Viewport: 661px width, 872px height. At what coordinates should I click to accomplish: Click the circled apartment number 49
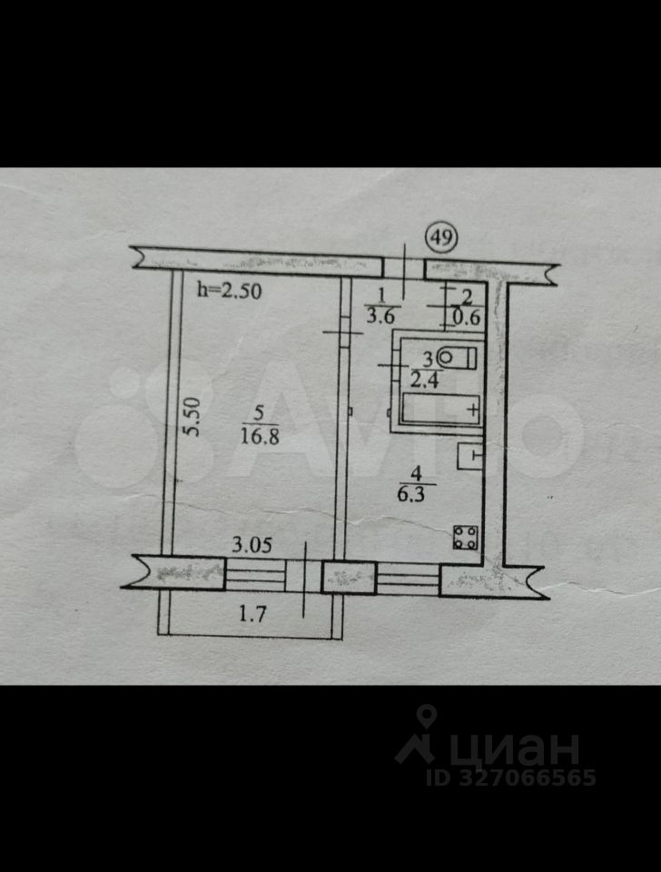point(442,239)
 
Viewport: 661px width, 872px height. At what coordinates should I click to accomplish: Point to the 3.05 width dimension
point(250,546)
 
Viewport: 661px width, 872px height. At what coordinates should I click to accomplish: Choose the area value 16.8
point(259,434)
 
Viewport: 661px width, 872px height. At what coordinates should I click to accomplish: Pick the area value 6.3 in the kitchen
point(417,496)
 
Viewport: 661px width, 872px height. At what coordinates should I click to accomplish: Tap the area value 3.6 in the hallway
point(380,315)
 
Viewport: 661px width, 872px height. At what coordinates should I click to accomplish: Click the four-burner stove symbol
point(466,537)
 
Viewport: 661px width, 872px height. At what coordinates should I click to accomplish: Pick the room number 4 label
point(417,472)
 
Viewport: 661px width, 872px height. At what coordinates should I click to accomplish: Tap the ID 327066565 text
point(511,778)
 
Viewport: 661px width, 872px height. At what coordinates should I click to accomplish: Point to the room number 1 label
point(382,294)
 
